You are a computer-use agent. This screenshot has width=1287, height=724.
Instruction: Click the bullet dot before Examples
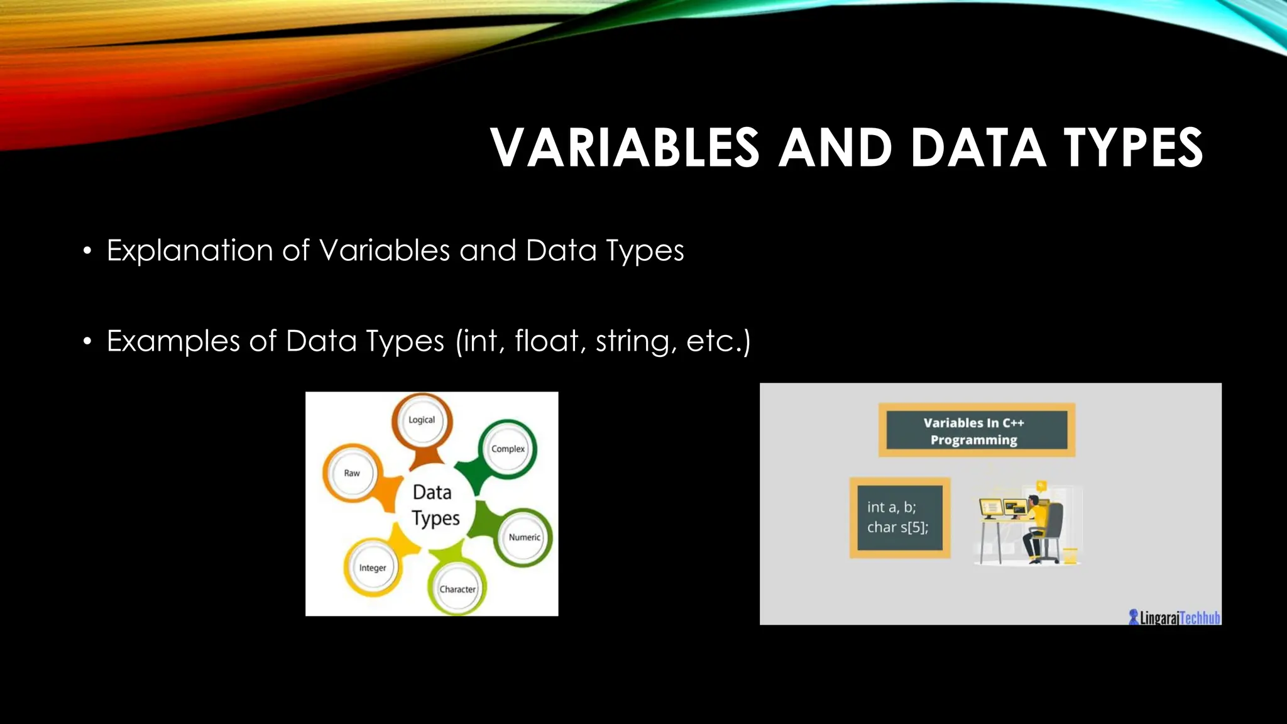point(87,342)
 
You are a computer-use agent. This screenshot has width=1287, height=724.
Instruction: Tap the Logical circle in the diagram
point(422,420)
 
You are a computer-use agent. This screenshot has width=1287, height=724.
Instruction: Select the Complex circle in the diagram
point(508,449)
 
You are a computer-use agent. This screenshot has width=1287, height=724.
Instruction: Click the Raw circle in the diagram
point(352,473)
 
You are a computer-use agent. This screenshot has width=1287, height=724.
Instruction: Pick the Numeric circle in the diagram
point(524,537)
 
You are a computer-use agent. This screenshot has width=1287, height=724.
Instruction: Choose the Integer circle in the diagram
point(373,568)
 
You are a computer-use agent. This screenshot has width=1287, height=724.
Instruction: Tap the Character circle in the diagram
point(457,589)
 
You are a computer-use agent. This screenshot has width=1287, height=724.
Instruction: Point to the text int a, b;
point(892,507)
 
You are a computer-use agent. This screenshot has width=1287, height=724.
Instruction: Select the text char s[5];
point(897,527)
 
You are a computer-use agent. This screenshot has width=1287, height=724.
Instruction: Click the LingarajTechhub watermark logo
point(1174,617)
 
